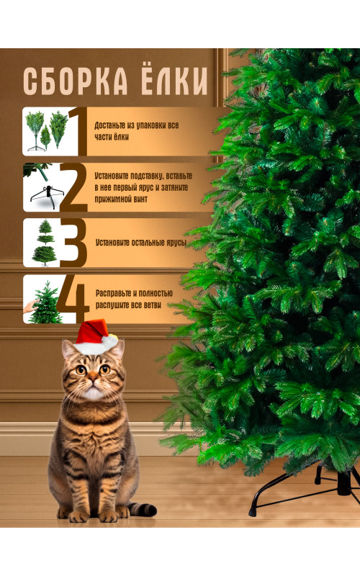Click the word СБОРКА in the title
coord(76,81)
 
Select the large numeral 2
coord(73,187)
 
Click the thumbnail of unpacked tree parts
coord(46,131)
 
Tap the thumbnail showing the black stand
coord(42,187)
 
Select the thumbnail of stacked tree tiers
coord(42,243)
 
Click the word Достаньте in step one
coord(110,125)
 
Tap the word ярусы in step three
coord(176,243)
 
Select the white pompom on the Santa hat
coord(109,341)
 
